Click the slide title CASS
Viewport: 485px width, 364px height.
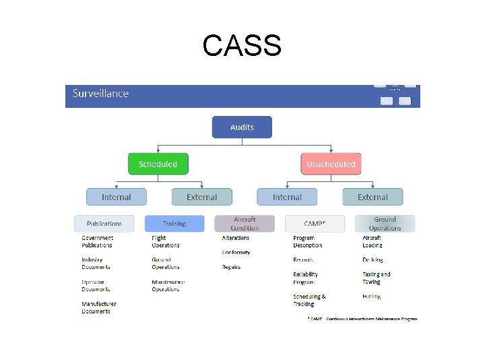pyautogui.click(x=242, y=46)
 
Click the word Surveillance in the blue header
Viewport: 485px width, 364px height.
pyautogui.click(x=101, y=94)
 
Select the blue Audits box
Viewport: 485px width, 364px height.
pyautogui.click(x=242, y=127)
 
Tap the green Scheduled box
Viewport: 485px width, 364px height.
pyautogui.click(x=158, y=164)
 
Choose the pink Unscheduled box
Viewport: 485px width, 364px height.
pyautogui.click(x=330, y=164)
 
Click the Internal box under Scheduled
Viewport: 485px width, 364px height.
pyautogui.click(x=117, y=197)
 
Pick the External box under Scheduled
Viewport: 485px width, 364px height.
pyautogui.click(x=201, y=197)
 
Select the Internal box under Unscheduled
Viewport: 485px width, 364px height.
pyautogui.click(x=287, y=197)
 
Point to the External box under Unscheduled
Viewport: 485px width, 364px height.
pyautogui.click(x=373, y=197)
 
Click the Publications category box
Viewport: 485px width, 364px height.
pyautogui.click(x=104, y=224)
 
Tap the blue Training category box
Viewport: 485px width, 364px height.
pyautogui.click(x=174, y=224)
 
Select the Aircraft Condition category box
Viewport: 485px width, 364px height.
pyautogui.click(x=245, y=224)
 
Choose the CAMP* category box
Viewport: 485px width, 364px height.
pyautogui.click(x=315, y=224)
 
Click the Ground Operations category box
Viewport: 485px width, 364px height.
pyautogui.click(x=385, y=224)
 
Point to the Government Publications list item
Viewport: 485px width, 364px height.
pyautogui.click(x=98, y=241)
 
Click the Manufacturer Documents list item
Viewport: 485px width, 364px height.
pyautogui.click(x=99, y=307)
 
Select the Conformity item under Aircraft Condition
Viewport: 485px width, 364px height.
pyautogui.click(x=236, y=252)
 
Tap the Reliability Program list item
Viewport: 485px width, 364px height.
pyautogui.click(x=305, y=278)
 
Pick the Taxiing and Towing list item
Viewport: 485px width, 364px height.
pyautogui.click(x=376, y=278)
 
